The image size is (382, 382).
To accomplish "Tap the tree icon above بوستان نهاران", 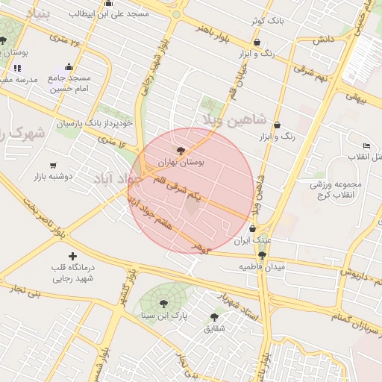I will click(181, 150).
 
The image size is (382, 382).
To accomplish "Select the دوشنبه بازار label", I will click(52, 177).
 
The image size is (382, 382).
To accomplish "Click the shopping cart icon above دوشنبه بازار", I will click(53, 166).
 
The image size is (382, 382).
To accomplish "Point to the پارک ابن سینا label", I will click(164, 316).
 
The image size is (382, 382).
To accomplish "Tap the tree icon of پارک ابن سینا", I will click(163, 303).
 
